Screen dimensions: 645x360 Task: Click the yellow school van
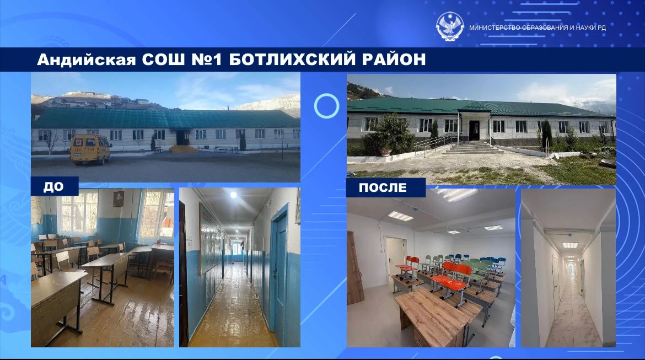pyautogui.click(x=90, y=149)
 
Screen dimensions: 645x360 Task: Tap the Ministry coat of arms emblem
pyautogui.click(x=450, y=26)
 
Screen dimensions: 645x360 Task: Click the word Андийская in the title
pyautogui.click(x=87, y=60)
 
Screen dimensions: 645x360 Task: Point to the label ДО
pyautogui.click(x=54, y=187)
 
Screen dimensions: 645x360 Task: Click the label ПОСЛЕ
pyautogui.click(x=383, y=187)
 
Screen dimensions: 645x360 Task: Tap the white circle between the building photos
pyautogui.click(x=326, y=106)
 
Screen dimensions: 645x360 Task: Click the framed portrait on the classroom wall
pyautogui.click(x=119, y=198)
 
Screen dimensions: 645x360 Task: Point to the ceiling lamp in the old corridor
pyautogui.click(x=233, y=195)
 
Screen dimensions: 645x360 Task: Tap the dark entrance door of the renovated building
pyautogui.click(x=474, y=130)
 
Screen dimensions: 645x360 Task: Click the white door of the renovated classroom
pyautogui.click(x=395, y=259)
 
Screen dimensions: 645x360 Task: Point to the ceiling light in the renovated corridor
pyautogui.click(x=570, y=245)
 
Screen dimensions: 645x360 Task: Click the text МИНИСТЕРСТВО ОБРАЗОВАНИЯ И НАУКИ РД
pyautogui.click(x=537, y=28)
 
